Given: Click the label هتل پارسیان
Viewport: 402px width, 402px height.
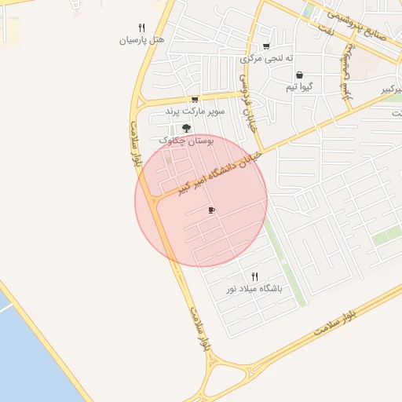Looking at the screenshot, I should pos(141,40).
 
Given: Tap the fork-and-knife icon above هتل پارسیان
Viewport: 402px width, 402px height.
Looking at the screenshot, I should pos(141,27).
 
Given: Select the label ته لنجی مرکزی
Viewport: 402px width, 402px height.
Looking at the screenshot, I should pos(267,58).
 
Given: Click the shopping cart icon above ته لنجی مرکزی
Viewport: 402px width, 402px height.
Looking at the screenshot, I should pos(266,46).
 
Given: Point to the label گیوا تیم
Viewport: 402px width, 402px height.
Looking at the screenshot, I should pos(302,87).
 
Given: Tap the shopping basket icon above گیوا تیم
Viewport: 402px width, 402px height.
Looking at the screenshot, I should pos(300,75).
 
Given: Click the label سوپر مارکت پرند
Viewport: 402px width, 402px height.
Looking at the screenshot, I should pos(195,112).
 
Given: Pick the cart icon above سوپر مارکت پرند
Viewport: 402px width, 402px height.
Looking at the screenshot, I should pos(194,100).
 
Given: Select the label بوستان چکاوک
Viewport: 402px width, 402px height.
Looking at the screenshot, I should pos(187,141).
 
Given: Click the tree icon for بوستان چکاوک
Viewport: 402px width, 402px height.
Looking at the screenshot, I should pos(186,127).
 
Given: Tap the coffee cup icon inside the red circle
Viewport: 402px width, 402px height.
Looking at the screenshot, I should pos(211,210).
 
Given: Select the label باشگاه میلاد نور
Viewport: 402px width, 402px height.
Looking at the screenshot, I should pos(254,289).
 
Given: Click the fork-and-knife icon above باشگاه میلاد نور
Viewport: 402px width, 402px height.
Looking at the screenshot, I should pos(254,276).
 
